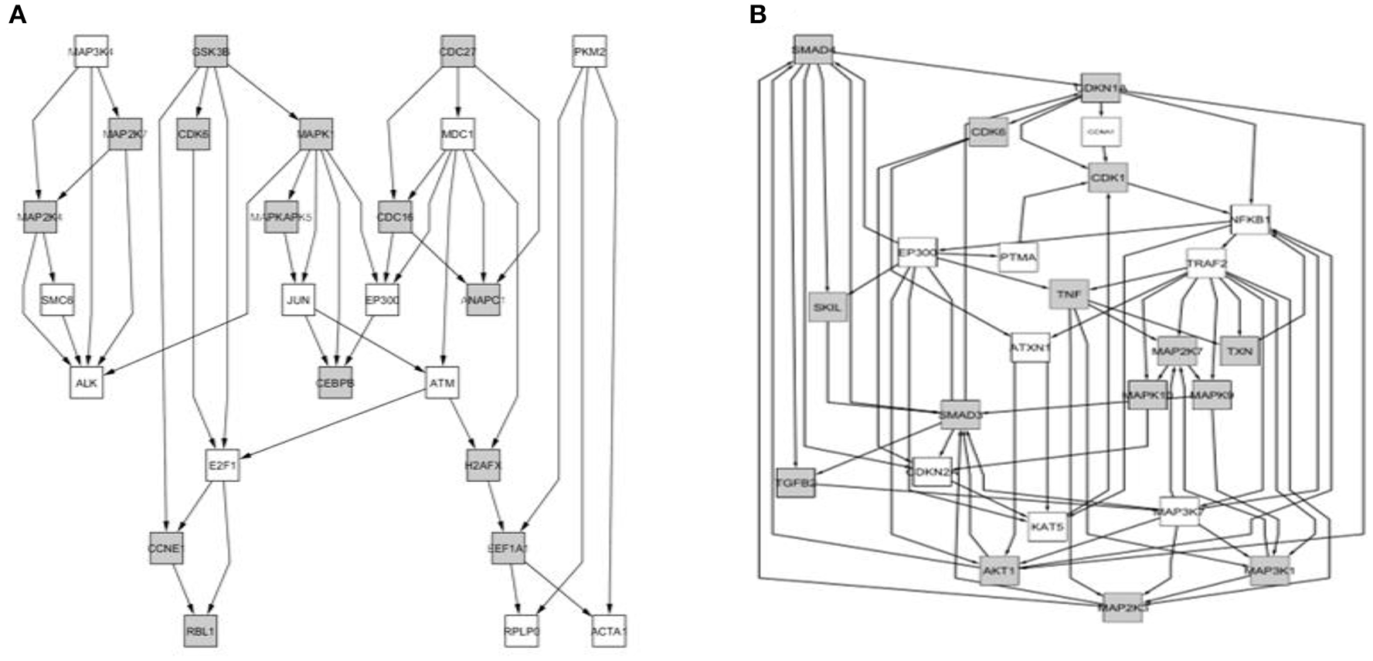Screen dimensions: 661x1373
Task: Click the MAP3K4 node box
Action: pos(91,52)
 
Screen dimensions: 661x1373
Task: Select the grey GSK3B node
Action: pos(211,52)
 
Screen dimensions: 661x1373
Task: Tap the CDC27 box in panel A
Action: pos(458,52)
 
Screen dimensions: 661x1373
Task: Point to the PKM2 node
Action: pos(590,52)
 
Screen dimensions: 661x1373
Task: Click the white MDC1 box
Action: pos(457,134)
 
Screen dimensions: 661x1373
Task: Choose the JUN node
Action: pos(298,300)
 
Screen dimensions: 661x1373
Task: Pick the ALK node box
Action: pos(87,382)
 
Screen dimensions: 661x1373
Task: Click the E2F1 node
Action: pos(223,466)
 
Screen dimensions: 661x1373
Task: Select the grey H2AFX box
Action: pos(483,466)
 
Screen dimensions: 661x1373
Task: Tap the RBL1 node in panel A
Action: pos(201,630)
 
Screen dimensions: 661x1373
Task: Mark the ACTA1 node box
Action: pos(609,630)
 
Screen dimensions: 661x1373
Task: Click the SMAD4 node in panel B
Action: pos(813,50)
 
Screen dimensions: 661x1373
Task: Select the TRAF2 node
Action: pos(1206,263)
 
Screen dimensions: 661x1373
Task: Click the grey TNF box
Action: pos(1069,294)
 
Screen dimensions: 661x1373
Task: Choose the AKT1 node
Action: pos(999,571)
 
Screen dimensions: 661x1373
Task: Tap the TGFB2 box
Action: pos(795,483)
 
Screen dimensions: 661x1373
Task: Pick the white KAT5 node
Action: pos(1048,527)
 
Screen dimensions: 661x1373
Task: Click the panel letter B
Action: pos(758,15)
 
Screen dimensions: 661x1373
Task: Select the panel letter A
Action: pos(17,15)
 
